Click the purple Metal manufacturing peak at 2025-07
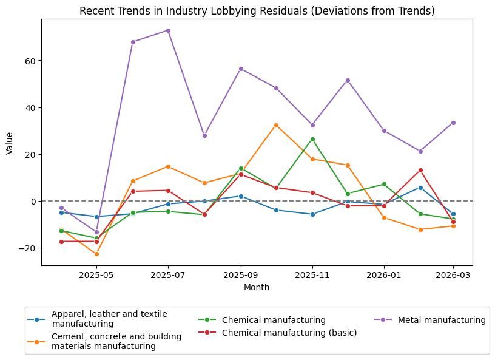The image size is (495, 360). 168,30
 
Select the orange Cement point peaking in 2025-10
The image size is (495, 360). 276,125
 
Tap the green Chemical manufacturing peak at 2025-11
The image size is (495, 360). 312,139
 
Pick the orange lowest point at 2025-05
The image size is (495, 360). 96,254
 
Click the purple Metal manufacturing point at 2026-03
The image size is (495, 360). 453,123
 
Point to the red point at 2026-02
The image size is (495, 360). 420,170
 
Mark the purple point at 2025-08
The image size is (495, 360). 204,135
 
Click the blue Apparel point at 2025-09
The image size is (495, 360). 241,196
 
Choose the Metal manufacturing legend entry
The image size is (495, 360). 442,320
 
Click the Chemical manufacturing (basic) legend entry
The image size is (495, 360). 289,333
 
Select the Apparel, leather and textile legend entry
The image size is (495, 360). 109,319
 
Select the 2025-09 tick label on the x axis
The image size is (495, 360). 241,275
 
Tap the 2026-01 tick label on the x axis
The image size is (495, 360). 384,275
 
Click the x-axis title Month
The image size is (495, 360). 257,287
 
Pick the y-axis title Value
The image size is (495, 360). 10,142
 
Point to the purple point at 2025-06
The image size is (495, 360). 133,42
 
